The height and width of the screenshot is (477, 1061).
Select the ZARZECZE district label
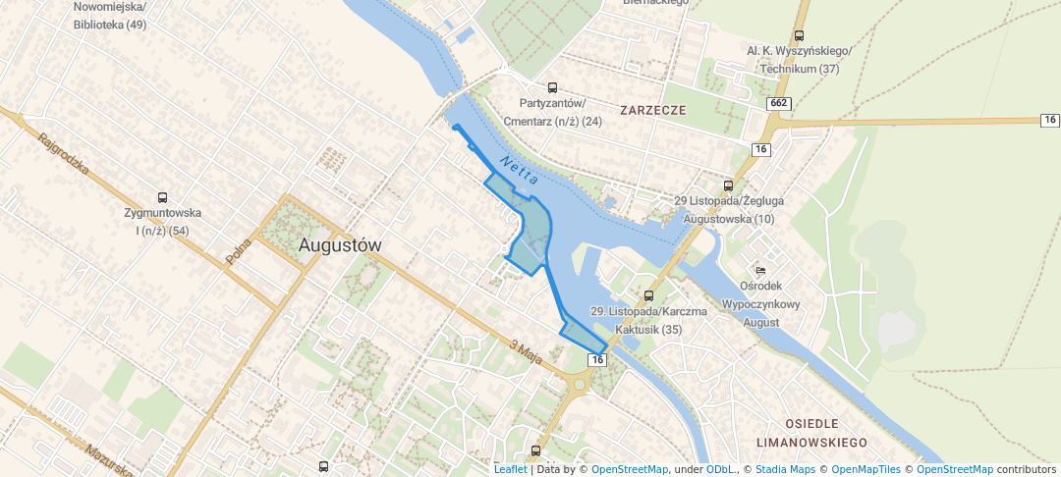[652, 110]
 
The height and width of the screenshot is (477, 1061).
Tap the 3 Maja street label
[527, 349]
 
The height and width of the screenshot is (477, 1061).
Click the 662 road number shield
[780, 103]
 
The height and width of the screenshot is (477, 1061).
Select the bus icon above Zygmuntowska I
[162, 196]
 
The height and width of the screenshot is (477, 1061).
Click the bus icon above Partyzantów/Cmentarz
[552, 87]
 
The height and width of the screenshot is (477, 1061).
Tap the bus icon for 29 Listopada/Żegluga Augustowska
[728, 185]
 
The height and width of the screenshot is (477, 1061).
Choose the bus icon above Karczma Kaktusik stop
[648, 295]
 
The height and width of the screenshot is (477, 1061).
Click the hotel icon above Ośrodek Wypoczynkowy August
[759, 270]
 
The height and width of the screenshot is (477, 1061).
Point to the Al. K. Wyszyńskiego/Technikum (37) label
[799, 60]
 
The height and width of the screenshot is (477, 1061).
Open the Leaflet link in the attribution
[510, 469]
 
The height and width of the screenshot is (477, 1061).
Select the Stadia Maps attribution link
[784, 469]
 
